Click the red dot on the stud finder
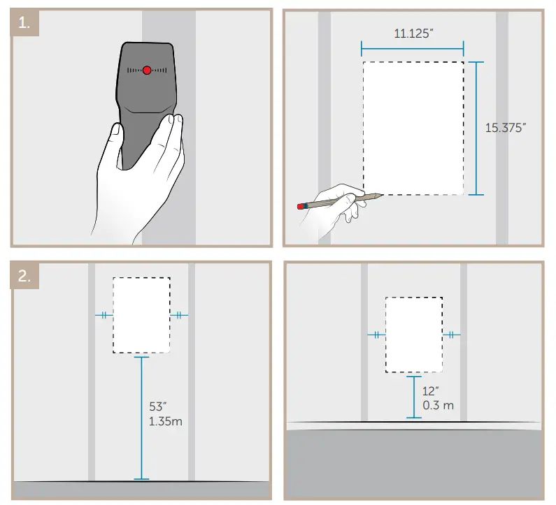pyautogui.click(x=147, y=70)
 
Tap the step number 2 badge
pyautogui.click(x=24, y=276)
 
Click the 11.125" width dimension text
pyautogui.click(x=413, y=33)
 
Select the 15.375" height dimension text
pyautogui.click(x=506, y=128)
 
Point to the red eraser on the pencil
pyautogui.click(x=302, y=206)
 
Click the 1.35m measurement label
pyautogui.click(x=166, y=421)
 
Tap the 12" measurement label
pyautogui.click(x=431, y=391)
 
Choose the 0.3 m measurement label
pyautogui.click(x=438, y=405)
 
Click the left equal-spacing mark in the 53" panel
pyautogui.click(x=104, y=315)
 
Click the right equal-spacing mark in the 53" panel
pyautogui.click(x=179, y=315)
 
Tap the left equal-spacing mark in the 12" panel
pyautogui.click(x=376, y=335)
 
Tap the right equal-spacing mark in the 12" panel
pyautogui.click(x=452, y=335)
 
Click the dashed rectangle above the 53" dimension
pyautogui.click(x=142, y=314)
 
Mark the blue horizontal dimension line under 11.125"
pyautogui.click(x=413, y=48)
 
